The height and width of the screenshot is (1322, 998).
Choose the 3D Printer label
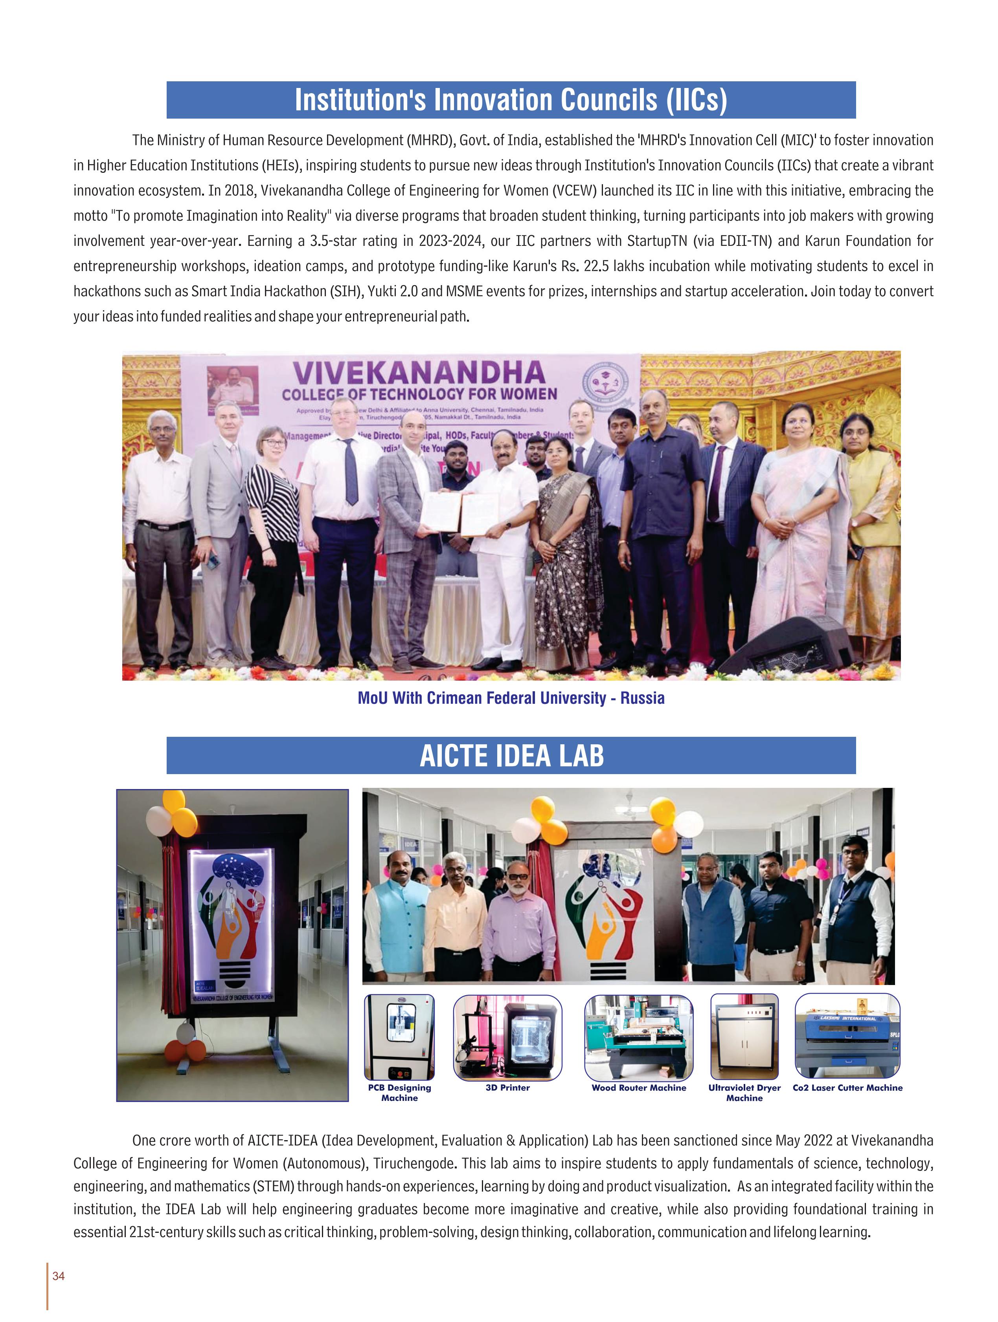coord(507,1088)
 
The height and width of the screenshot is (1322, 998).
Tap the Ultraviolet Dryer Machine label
coord(744,1093)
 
